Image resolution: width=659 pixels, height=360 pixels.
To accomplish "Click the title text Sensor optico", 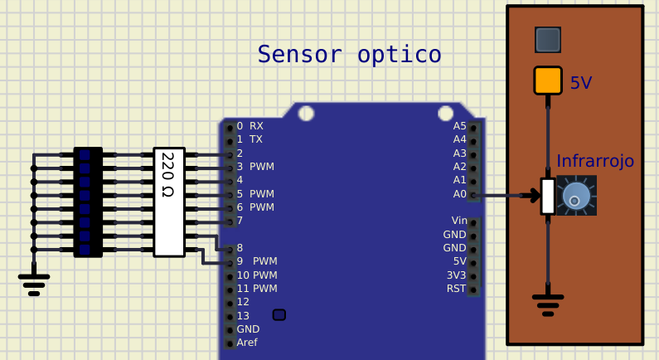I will click(x=349, y=55).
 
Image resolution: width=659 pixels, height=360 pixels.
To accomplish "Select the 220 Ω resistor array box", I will click(x=169, y=202).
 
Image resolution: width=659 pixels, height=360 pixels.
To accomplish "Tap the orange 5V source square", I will click(x=548, y=80).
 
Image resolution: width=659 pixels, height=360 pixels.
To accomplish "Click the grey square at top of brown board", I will click(x=548, y=39).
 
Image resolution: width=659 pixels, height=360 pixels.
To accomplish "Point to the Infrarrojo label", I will click(x=595, y=161).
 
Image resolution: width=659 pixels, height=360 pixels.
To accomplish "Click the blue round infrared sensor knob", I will click(x=576, y=197).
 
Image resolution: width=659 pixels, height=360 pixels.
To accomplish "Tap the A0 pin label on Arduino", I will click(x=459, y=194).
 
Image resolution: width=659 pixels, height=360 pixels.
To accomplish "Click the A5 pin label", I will click(x=459, y=126).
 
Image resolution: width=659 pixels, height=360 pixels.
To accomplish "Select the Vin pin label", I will click(x=458, y=221).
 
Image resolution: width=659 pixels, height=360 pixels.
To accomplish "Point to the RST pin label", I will click(x=456, y=289).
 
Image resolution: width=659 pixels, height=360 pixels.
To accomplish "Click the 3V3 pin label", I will click(x=456, y=275).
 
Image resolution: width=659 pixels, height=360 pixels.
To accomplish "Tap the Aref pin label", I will click(x=247, y=343).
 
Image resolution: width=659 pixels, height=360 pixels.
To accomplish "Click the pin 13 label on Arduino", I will click(x=243, y=316).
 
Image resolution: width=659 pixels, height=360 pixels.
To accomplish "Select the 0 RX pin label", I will click(x=250, y=126).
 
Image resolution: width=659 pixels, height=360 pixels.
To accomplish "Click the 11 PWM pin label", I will click(x=256, y=289).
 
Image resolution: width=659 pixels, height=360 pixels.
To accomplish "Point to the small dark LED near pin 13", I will click(x=279, y=314).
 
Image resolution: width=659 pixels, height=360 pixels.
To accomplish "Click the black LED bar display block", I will click(x=88, y=202).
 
